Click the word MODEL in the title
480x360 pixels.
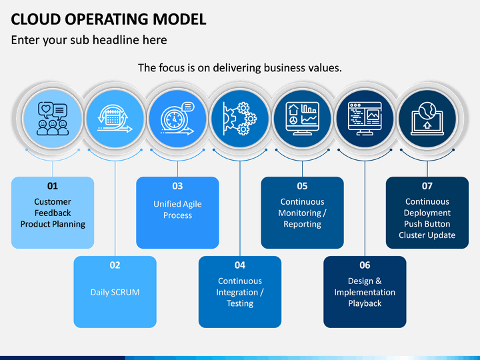pos(179,19)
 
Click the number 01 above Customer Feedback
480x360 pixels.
pos(53,186)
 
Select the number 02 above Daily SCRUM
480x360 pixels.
pos(115,265)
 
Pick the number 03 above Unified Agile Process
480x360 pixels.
pos(177,186)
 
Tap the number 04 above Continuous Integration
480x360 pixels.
pos(240,265)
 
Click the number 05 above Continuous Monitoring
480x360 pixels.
pos(302,186)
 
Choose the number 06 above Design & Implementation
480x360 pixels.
pos(365,265)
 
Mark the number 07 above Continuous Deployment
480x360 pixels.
pos(427,186)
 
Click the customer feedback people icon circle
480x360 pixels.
pos(53,119)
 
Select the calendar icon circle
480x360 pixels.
pos(115,119)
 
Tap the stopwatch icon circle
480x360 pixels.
pos(177,119)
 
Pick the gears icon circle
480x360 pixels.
pos(240,119)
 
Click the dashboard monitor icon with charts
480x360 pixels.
pos(302,119)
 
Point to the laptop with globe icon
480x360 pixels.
pos(427,119)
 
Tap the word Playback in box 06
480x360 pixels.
pos(365,303)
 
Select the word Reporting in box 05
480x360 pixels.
pos(302,224)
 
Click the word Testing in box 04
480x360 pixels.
pos(240,303)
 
